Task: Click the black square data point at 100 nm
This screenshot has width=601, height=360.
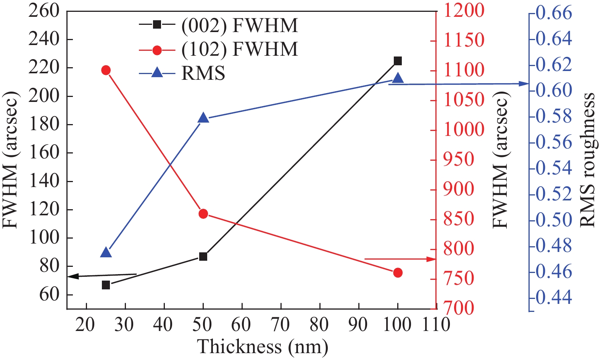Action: click(x=398, y=61)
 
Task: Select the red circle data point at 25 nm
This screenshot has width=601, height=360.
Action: click(x=106, y=70)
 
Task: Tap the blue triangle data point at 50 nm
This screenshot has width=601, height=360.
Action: click(x=203, y=118)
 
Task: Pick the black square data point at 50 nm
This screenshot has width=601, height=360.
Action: click(x=203, y=257)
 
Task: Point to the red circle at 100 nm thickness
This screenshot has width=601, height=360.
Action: click(x=398, y=273)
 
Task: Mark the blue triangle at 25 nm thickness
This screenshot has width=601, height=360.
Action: click(x=106, y=253)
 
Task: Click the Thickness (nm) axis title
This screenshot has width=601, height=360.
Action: click(x=263, y=347)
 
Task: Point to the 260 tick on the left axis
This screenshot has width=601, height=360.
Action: click(x=44, y=11)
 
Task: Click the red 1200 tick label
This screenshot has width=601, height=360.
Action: click(x=464, y=10)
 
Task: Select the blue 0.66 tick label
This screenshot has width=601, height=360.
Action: click(x=554, y=13)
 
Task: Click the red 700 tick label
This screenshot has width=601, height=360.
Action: click(x=458, y=308)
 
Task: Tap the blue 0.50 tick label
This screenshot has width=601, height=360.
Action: click(x=554, y=220)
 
